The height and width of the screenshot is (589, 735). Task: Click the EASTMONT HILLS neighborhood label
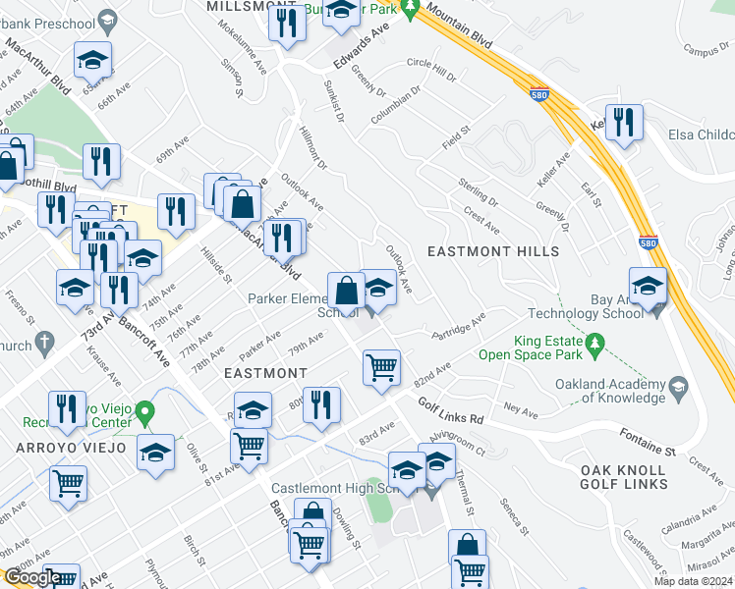coord(493,251)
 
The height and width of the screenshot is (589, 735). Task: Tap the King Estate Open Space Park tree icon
coord(594,345)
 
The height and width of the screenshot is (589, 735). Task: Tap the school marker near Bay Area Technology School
coord(648,287)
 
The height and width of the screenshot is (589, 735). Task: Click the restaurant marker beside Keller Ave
coord(624,123)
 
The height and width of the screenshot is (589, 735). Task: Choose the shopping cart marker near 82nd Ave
coord(381,368)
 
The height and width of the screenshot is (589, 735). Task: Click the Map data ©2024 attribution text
coord(692,581)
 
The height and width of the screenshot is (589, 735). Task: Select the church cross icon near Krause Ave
coord(43,343)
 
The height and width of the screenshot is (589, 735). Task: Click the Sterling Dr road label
coord(479,191)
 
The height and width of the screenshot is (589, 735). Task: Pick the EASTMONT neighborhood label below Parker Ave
coord(265,373)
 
